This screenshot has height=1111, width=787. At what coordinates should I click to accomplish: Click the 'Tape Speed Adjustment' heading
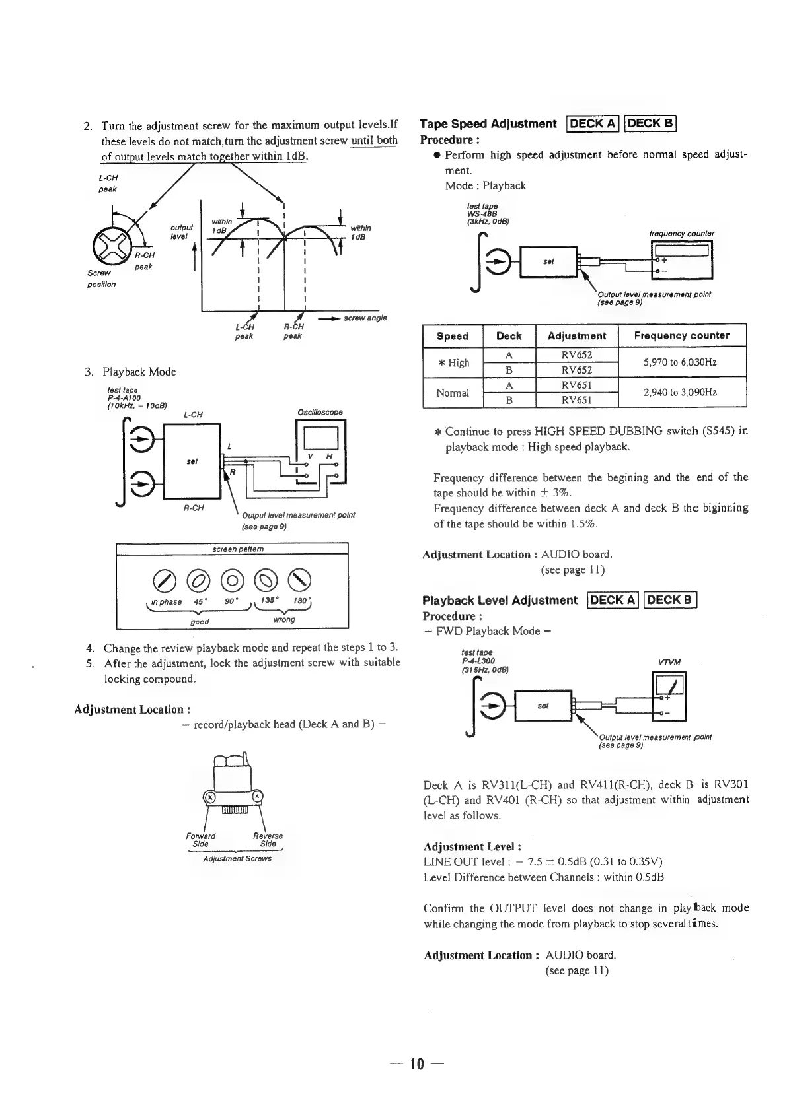(x=488, y=124)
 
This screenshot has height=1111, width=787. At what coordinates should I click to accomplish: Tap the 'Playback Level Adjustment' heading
(x=500, y=600)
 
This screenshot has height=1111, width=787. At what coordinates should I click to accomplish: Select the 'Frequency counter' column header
(x=681, y=335)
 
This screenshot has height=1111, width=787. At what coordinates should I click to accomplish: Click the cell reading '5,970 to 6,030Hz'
(x=681, y=362)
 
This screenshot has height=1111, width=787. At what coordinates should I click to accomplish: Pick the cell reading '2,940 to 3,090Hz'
(x=681, y=393)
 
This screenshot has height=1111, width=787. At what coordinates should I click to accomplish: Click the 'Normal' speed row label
(x=453, y=393)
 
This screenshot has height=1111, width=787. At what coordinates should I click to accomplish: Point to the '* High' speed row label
(x=453, y=362)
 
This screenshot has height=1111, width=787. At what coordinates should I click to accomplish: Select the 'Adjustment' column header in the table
(x=576, y=335)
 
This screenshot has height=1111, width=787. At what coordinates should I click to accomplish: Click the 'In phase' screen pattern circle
(x=162, y=580)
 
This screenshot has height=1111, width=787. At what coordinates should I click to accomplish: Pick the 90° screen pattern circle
(x=231, y=580)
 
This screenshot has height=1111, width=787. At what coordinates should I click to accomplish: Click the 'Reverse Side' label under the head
(x=268, y=840)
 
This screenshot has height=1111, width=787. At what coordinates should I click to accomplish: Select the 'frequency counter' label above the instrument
(x=681, y=233)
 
